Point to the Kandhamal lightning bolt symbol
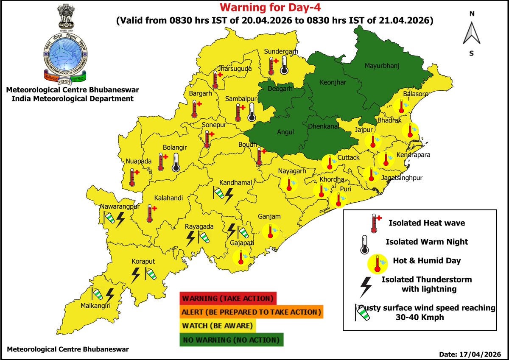click(x=229, y=195)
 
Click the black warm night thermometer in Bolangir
click(x=176, y=162)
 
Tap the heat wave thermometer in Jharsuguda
click(x=217, y=79)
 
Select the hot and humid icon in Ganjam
click(x=270, y=231)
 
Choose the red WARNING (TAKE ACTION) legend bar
click(x=228, y=298)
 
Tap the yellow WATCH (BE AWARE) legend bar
click(x=218, y=326)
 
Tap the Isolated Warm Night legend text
click(x=427, y=242)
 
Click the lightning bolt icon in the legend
click(x=365, y=287)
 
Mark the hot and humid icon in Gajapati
click(x=242, y=257)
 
